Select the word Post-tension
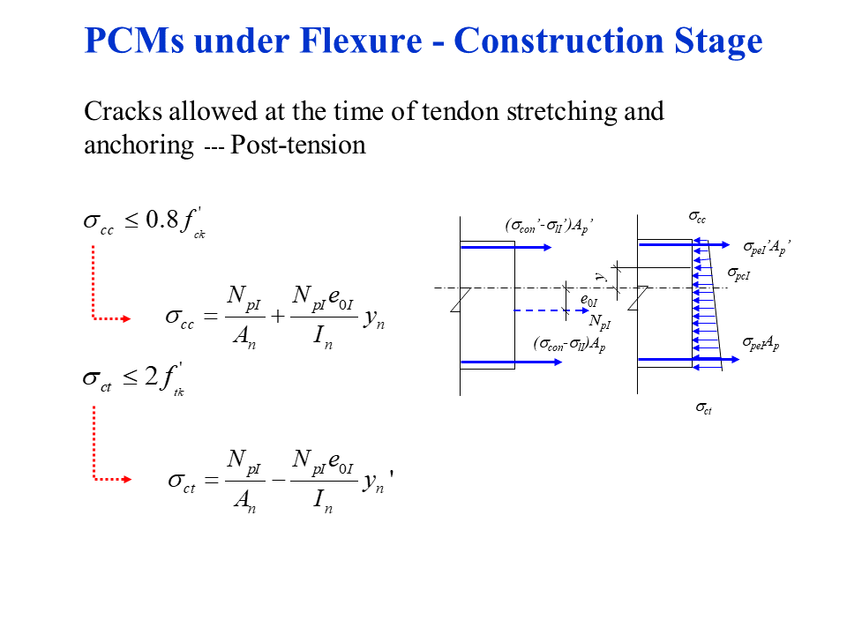(297, 145)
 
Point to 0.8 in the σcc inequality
(161, 220)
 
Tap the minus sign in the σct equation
(276, 481)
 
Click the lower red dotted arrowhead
(125, 480)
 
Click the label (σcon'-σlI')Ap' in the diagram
(549, 227)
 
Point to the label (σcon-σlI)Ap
(569, 344)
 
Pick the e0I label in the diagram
(588, 302)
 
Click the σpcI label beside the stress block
(739, 275)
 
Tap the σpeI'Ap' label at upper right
(766, 249)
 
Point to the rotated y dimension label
(599, 277)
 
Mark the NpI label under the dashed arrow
(600, 321)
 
